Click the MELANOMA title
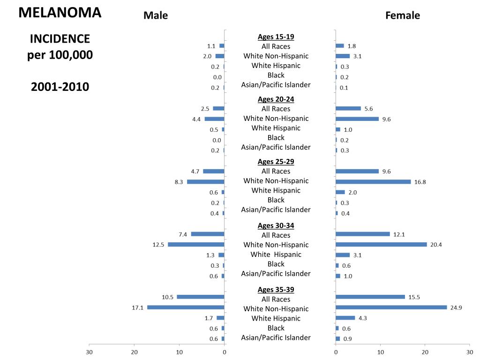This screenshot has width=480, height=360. pos(60,13)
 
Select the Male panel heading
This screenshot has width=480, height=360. pos(156,15)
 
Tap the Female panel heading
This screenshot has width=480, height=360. pos(403,15)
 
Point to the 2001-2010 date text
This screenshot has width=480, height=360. pos(60,87)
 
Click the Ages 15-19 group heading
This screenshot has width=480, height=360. pos(276,37)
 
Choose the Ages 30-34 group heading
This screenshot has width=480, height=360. pos(276,225)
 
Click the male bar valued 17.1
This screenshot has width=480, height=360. pos(186,307)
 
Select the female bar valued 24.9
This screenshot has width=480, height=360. pos(391,307)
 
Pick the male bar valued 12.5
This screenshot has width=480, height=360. pos(196,244)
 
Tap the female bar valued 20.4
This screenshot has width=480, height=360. pos(381,244)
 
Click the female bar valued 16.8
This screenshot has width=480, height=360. pos(373,182)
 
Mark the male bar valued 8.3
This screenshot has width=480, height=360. pos(205,182)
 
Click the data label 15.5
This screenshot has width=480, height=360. pos(414,297)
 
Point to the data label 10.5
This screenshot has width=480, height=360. pos(168,297)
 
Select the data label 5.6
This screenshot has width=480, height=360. pos(368,109)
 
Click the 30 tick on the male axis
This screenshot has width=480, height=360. pos(89,352)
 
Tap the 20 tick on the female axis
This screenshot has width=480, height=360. pos(425,352)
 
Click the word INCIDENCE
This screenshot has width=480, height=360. pos(60,38)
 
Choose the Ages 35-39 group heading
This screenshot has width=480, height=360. pos(276,289)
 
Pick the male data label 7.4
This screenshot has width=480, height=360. pos(183,234)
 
